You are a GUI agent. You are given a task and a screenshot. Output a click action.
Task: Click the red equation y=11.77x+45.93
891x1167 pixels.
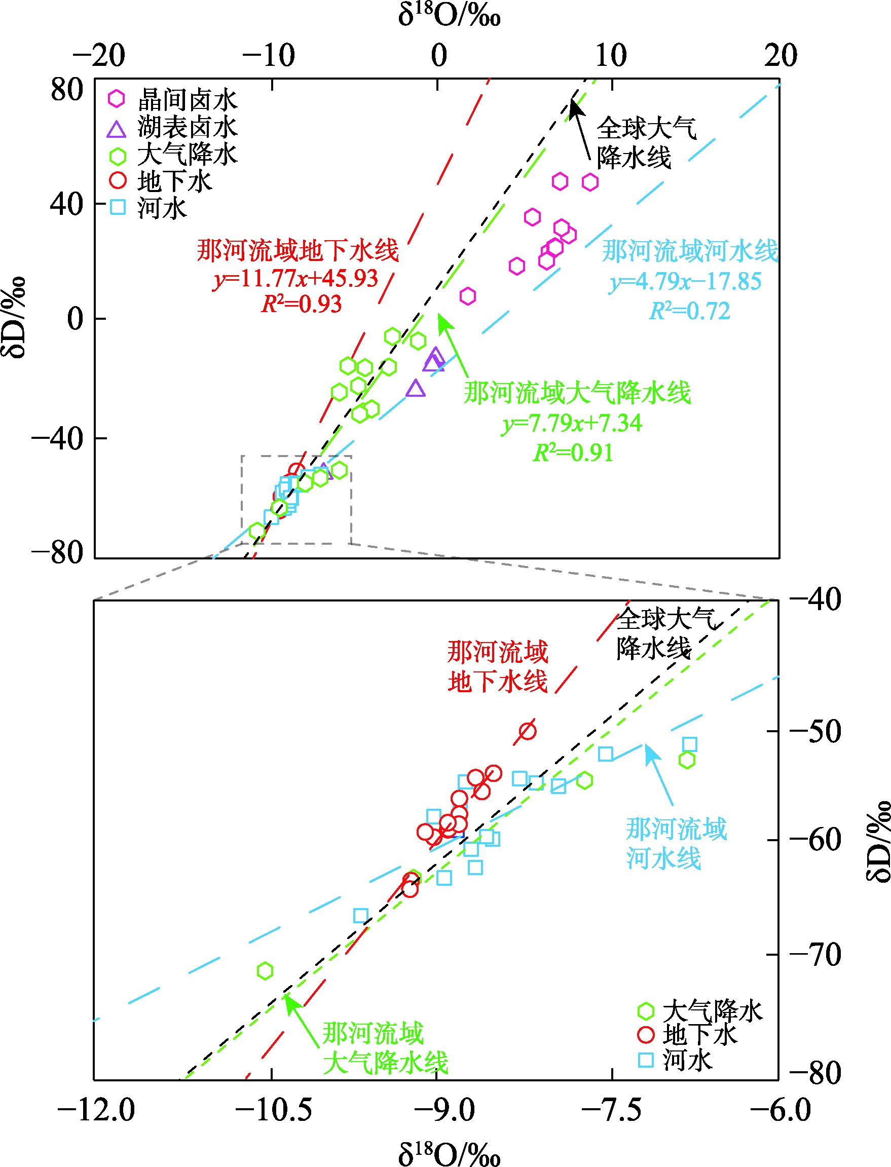(296, 278)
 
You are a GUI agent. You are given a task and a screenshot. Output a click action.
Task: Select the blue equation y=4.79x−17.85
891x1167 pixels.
(685, 281)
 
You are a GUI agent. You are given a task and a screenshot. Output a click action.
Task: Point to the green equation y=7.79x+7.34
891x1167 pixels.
(572, 423)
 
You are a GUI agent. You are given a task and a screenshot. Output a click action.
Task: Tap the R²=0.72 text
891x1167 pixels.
(690, 311)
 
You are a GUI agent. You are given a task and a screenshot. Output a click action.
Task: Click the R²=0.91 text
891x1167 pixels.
(573, 453)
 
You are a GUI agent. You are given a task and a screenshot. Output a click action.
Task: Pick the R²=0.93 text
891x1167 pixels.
(302, 304)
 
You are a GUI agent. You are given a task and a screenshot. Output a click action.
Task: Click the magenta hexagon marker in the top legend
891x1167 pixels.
(117, 98)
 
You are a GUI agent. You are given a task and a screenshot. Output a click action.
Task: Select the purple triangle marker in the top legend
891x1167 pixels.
(117, 129)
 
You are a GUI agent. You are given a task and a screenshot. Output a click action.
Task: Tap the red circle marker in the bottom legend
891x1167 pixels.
(646, 1034)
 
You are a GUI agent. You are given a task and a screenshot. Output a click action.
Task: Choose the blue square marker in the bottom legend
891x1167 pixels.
(646, 1060)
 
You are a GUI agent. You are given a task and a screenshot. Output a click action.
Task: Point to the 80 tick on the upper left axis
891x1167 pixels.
(67, 89)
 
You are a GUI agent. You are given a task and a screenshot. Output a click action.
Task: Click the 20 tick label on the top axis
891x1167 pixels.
(780, 55)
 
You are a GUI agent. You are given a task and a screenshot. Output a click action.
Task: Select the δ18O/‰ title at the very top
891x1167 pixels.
(449, 15)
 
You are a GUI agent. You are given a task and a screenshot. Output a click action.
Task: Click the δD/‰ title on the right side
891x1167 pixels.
(878, 840)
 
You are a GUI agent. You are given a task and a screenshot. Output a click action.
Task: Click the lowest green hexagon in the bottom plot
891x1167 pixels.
(265, 971)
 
